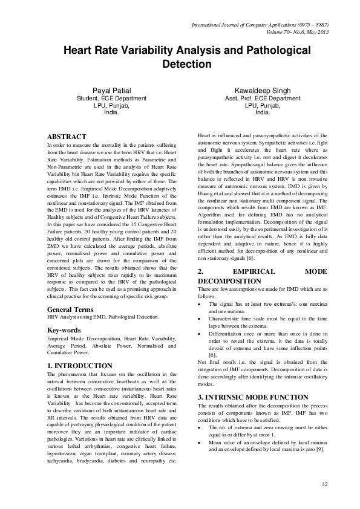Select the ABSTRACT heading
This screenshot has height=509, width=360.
coord(67,137)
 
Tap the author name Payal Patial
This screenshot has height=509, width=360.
coord(111,91)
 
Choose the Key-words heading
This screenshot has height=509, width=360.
coord(65,331)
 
